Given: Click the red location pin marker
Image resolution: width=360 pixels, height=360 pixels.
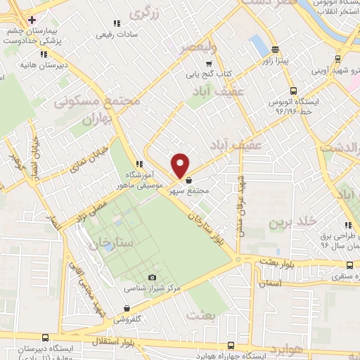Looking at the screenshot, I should pos(181,165).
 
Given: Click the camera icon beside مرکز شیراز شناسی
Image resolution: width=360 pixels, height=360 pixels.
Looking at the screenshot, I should pos(153,277).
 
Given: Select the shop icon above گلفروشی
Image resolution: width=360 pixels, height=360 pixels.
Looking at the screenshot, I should pos(127,308).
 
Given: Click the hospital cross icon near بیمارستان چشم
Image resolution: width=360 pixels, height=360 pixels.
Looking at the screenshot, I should pos(32,19).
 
